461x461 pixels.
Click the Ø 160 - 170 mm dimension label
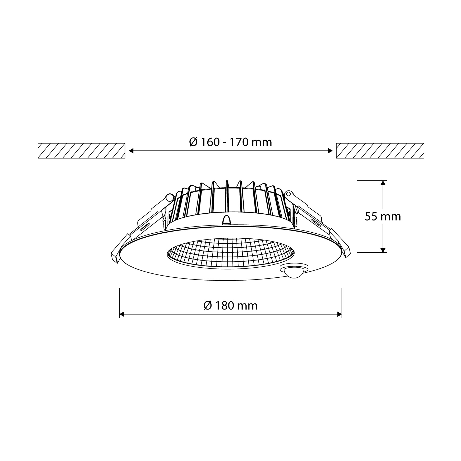pos(230,142)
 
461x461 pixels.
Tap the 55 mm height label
pos(383,216)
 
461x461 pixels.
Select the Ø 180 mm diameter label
pos(230,306)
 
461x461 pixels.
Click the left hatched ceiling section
pos(81,151)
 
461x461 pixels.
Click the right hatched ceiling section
pos(380,151)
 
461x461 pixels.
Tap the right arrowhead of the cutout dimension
pos(330,151)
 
